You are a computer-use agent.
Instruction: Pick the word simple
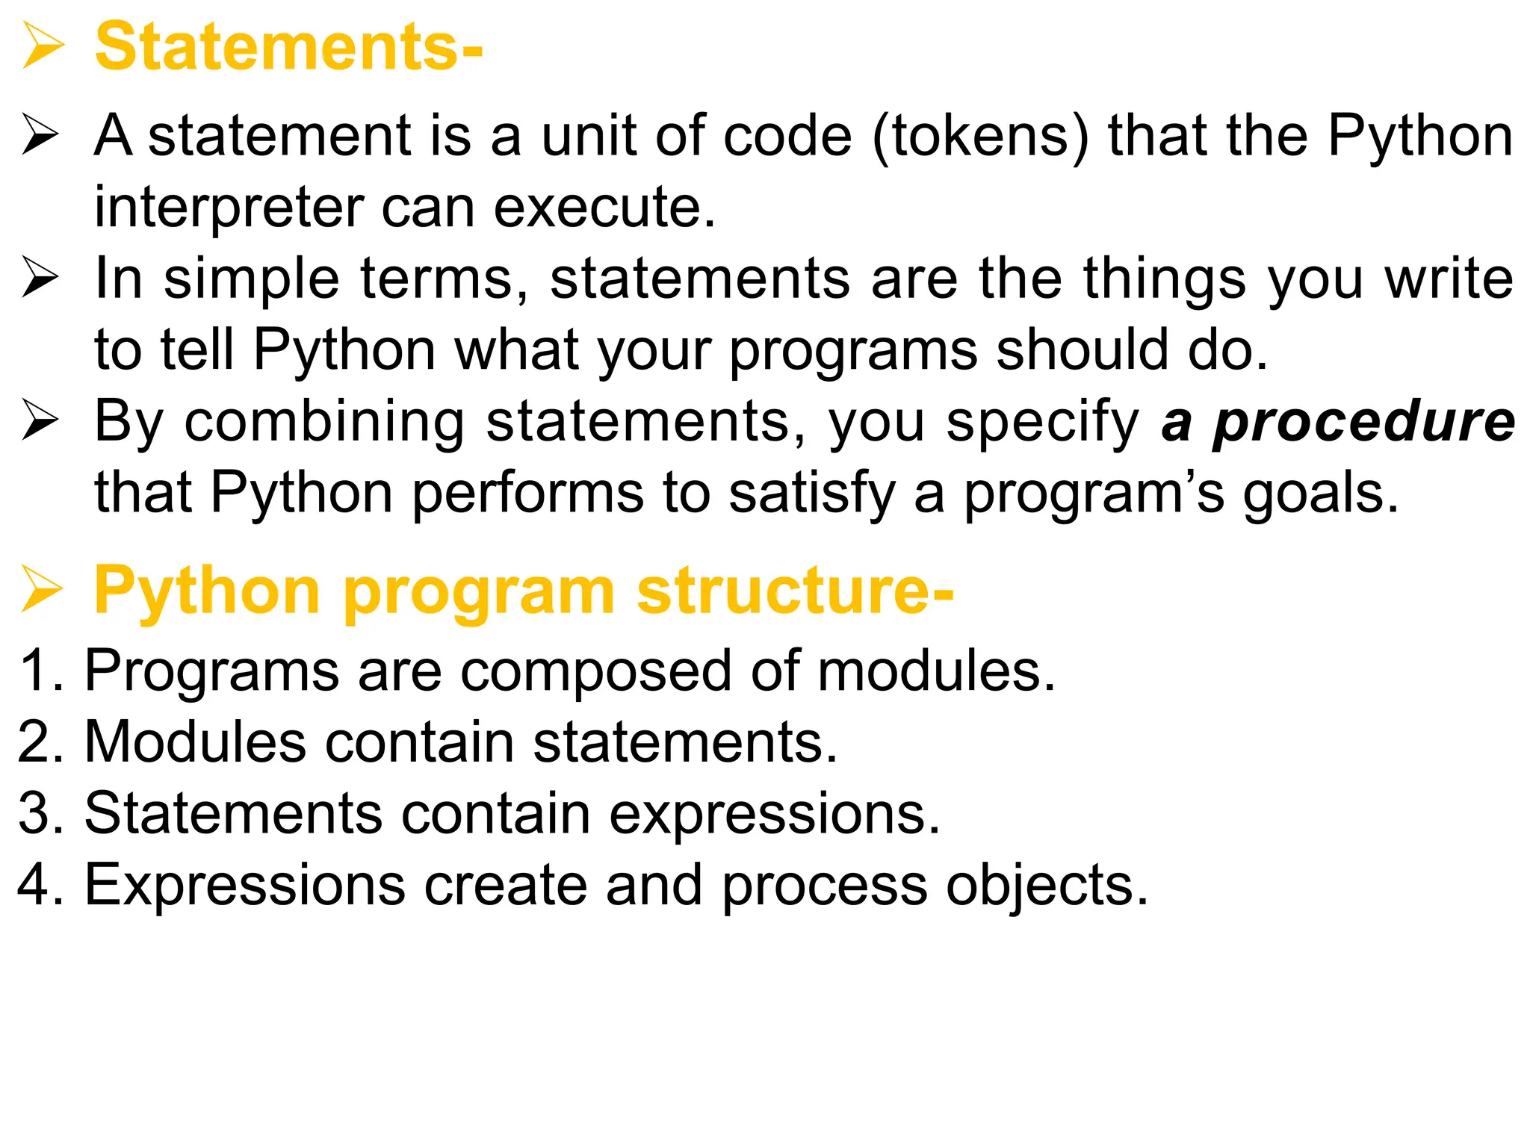coord(252,279)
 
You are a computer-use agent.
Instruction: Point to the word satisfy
coord(811,494)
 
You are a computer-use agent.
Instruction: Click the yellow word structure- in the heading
coord(795,591)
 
